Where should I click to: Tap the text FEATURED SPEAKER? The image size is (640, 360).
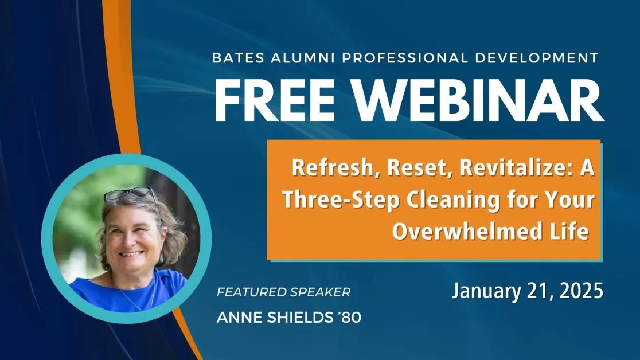pos(283,292)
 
